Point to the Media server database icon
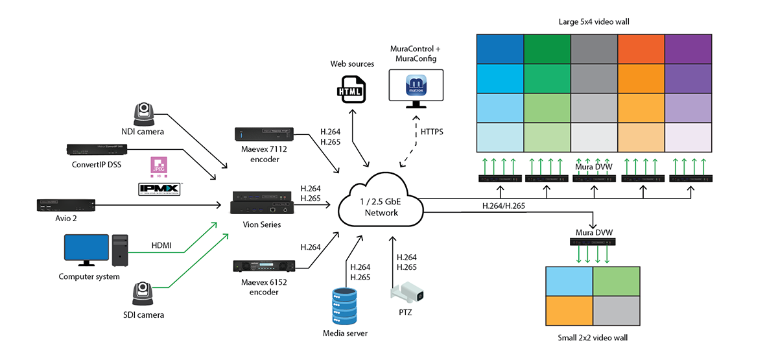(344, 307)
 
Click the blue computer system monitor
(84, 249)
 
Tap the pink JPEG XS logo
(159, 166)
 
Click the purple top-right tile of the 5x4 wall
(688, 49)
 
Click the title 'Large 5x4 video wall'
(594, 22)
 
